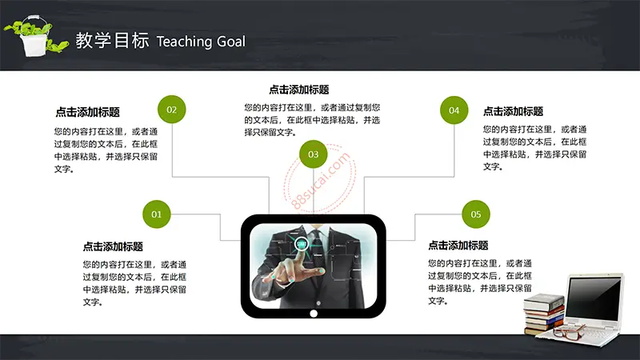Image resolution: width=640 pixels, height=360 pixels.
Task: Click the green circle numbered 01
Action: point(156,214)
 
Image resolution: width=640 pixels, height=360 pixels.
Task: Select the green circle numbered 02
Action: point(171,110)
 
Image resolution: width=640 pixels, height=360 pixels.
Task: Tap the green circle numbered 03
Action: point(313,154)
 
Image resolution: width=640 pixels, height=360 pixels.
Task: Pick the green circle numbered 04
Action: point(454,110)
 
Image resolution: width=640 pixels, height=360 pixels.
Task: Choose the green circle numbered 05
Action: point(475,214)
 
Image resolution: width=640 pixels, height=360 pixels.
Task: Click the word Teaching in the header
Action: point(184,42)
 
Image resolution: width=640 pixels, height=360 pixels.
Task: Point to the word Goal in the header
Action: point(231,42)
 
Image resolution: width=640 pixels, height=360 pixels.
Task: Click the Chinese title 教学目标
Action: point(112,41)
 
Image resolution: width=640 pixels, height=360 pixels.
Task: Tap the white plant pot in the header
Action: point(34,44)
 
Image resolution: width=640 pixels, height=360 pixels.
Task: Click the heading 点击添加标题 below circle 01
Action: point(113,246)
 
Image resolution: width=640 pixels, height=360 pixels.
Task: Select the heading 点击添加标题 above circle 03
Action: point(299,90)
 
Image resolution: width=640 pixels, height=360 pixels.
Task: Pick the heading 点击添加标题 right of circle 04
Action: point(513,111)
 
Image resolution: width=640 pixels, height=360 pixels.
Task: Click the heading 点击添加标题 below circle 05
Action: point(458,246)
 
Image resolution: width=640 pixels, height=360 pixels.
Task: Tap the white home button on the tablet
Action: point(314,314)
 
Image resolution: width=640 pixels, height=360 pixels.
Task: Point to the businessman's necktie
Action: point(318,244)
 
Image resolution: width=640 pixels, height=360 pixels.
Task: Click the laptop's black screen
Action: point(594,299)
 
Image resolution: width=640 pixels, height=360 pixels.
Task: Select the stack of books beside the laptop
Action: point(545,314)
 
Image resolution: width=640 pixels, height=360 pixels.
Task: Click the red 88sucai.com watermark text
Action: point(322,180)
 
